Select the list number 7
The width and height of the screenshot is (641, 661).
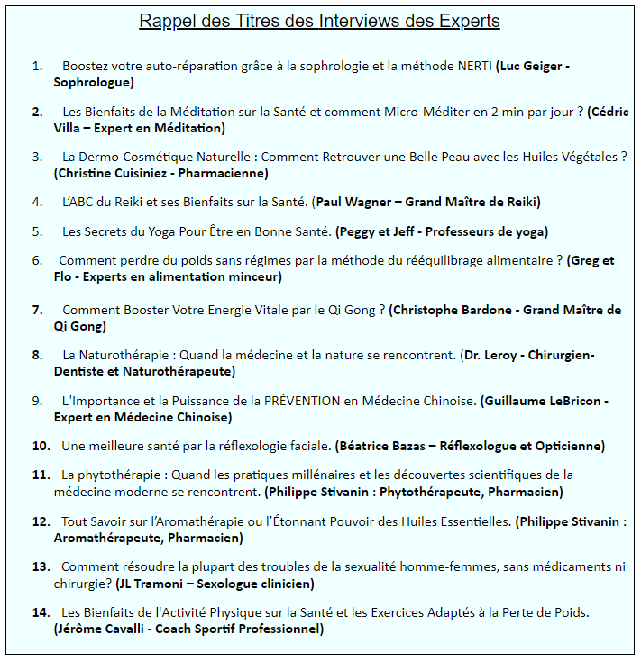37,310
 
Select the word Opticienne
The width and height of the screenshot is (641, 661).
567,446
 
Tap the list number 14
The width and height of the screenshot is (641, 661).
40,612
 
